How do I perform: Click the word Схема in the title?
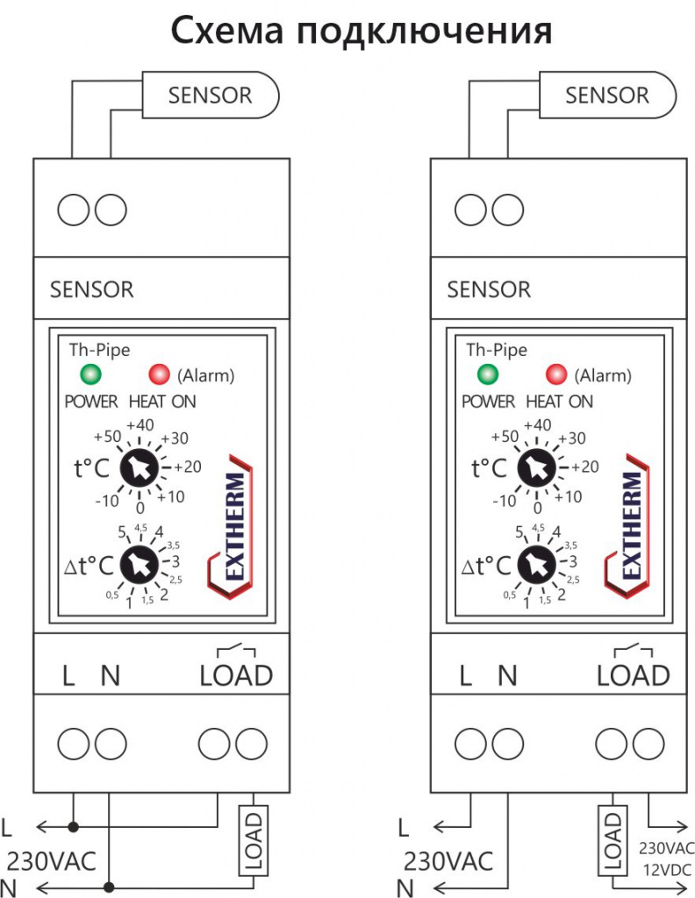227,31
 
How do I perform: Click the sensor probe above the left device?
211,95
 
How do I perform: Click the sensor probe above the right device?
607,95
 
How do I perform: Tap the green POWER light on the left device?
90,374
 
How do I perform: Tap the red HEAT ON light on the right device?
555,374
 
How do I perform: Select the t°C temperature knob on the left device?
140,468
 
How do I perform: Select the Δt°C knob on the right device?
537,566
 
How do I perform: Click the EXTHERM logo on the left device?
231,526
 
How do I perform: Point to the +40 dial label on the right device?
537,425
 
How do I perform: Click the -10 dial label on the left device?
107,501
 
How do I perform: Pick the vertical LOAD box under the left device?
254,840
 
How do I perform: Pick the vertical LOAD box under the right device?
613,840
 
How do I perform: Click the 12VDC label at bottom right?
666,870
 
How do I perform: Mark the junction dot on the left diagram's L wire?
73,826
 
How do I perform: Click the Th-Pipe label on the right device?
497,349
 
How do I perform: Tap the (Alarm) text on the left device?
206,375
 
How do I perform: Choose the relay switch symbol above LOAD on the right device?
633,651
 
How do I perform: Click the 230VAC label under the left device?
51,861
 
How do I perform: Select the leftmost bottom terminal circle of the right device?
471,744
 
